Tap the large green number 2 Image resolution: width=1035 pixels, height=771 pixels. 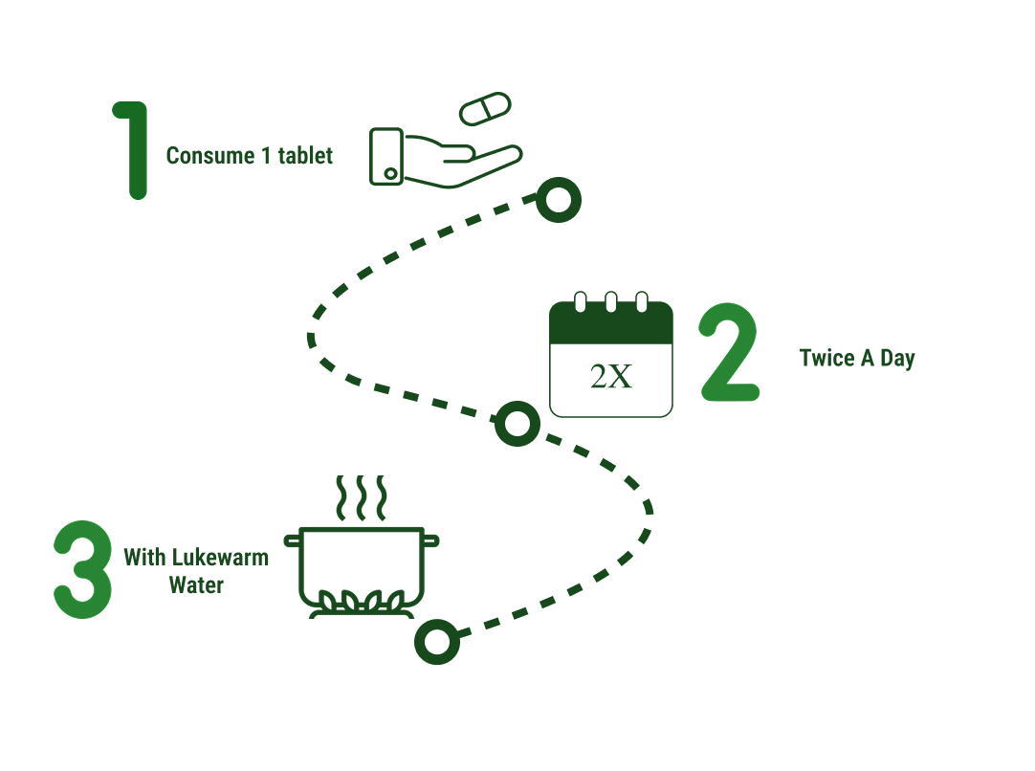(729, 354)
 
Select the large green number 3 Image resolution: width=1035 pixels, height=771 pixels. (82, 567)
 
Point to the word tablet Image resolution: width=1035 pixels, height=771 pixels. (305, 156)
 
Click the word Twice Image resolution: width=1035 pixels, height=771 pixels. (826, 359)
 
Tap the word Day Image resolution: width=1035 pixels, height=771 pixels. (897, 360)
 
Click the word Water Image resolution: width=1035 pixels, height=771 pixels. (196, 585)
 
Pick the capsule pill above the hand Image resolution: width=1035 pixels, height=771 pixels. (486, 108)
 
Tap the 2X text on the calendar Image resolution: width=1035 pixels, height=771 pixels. (611, 377)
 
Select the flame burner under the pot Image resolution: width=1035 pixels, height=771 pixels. (362, 605)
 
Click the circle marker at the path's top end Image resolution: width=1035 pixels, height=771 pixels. (558, 200)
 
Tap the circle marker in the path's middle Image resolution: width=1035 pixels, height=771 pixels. (517, 424)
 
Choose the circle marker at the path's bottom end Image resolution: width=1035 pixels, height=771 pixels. (437, 641)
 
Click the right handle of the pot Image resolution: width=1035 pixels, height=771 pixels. (431, 540)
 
